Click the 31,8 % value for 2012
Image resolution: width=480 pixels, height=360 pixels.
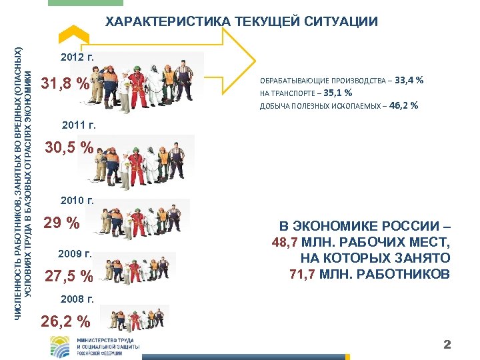[x=65, y=85]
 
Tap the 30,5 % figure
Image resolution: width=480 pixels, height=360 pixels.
[x=69, y=148]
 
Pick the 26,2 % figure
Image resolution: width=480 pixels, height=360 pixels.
[x=65, y=321]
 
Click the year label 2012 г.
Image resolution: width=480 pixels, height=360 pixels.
[x=78, y=58]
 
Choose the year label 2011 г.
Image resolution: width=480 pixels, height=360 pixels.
[x=79, y=125]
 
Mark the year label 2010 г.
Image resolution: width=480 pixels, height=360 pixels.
[x=77, y=199]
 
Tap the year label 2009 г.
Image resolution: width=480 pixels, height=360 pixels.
[x=75, y=254]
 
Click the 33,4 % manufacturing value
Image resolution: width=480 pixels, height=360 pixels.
[x=409, y=81]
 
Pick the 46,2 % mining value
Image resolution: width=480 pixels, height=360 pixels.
[x=403, y=105]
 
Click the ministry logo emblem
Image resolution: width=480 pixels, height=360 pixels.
[x=59, y=347]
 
